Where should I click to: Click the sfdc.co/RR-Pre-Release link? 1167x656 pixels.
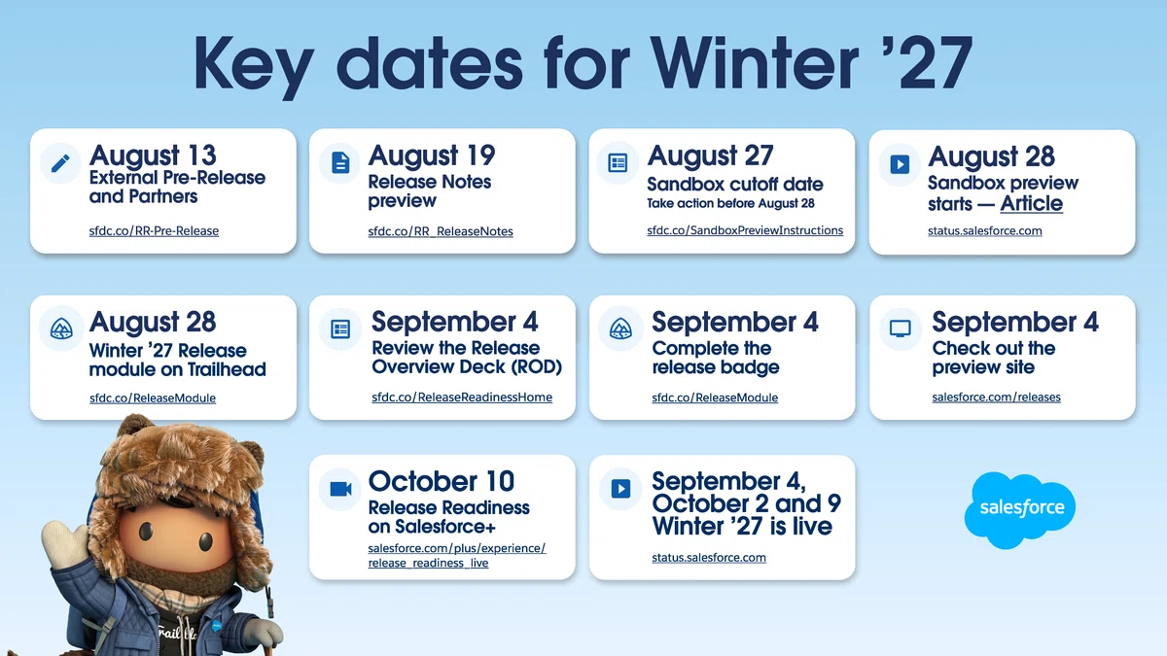coord(154,230)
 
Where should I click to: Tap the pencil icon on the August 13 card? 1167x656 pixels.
coord(60,163)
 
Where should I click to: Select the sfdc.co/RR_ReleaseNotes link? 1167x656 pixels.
coord(441,231)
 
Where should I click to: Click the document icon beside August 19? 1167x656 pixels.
coord(340,163)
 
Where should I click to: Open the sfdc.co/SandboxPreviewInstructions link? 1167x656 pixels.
coord(745,230)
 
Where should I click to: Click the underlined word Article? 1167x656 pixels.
coord(1031,203)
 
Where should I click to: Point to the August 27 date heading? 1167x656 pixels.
coord(710,155)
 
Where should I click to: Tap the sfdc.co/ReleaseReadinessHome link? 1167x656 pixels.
coord(462,397)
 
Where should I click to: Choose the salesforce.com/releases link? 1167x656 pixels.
coord(996,397)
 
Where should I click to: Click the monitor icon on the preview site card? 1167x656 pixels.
coord(900,329)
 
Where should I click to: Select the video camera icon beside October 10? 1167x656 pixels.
coord(340,489)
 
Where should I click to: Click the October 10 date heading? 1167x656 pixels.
coord(442,481)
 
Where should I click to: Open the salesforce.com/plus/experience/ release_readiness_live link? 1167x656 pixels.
coord(456,556)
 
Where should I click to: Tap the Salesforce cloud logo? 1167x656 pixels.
coord(1019,509)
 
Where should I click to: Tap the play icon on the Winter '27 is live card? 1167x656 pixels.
coord(620,489)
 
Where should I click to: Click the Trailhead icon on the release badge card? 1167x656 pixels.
coord(620,329)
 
